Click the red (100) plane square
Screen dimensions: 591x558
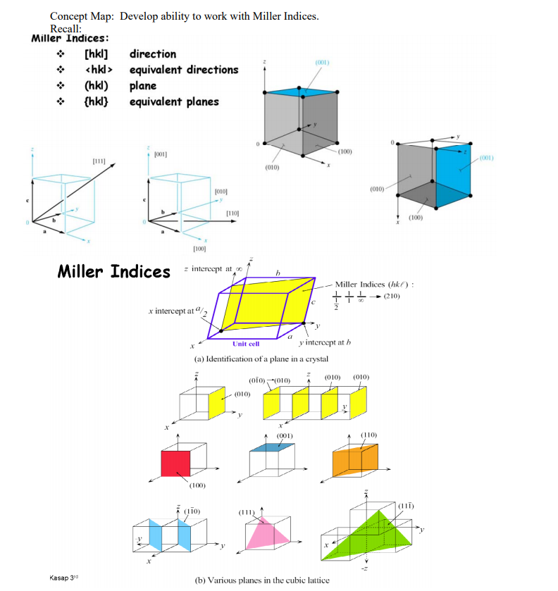pos(175,463)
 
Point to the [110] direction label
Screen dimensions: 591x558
pos(234,213)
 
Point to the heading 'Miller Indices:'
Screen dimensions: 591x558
pos(70,38)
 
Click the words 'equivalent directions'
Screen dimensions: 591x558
pos(184,70)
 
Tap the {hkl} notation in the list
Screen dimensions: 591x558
pos(95,102)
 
